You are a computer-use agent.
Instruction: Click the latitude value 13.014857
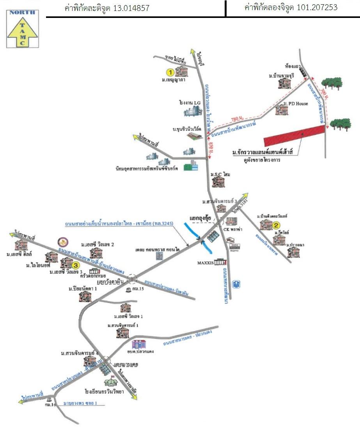(x=131, y=8)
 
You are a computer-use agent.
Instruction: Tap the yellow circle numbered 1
(x=170, y=72)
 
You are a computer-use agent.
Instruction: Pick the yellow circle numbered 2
(x=276, y=225)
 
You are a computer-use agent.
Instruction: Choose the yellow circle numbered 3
(x=76, y=265)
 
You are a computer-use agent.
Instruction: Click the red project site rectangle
(x=294, y=136)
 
